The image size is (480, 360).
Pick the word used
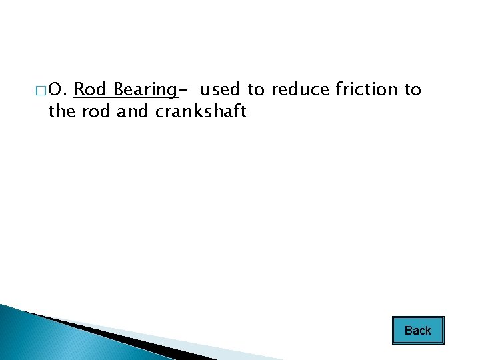(220, 89)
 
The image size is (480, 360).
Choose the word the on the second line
(62, 112)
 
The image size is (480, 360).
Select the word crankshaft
(201, 112)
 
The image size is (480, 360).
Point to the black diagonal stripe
(113, 337)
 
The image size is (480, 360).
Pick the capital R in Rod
(79, 89)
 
